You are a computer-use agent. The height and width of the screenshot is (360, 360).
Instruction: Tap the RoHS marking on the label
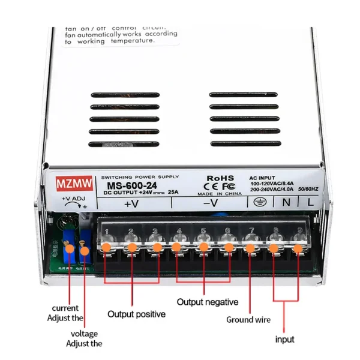[220, 178]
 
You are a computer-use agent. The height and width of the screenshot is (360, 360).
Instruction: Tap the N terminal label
[285, 203]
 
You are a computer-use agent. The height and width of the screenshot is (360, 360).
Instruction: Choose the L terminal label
[310, 203]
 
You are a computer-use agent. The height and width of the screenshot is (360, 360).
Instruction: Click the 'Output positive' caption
[136, 314]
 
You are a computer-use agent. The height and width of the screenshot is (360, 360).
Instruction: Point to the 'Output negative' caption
[208, 302]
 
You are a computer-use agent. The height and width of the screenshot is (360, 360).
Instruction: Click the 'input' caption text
[284, 339]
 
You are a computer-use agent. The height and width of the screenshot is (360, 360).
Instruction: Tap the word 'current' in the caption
[65, 308]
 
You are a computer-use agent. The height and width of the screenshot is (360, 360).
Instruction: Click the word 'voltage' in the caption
[84, 334]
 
